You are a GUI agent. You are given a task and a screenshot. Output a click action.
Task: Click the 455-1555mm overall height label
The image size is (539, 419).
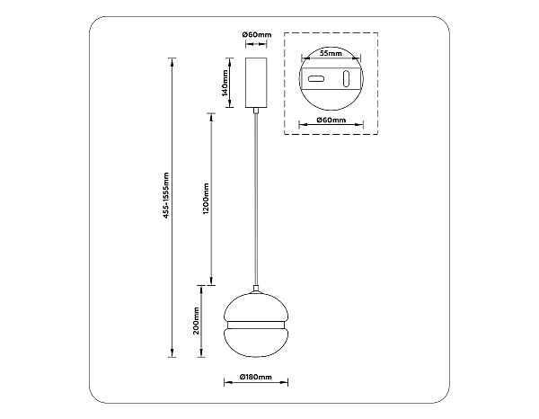[x=166, y=195]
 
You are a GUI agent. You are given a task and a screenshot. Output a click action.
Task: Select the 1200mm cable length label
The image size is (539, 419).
[x=206, y=199]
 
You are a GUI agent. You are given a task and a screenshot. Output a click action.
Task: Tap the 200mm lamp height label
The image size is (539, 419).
[x=196, y=321]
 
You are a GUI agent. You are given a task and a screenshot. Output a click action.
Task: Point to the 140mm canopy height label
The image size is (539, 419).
[x=225, y=83]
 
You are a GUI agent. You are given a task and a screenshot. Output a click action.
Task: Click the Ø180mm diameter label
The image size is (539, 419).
[x=256, y=377]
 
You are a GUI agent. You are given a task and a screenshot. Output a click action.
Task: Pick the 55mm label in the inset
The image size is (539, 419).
[x=331, y=53]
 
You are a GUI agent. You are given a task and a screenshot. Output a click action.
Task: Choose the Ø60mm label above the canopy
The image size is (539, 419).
[x=256, y=34]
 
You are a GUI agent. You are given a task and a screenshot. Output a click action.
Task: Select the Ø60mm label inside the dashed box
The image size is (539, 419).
[x=331, y=120]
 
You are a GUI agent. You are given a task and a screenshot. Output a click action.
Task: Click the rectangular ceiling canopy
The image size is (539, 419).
[x=256, y=83]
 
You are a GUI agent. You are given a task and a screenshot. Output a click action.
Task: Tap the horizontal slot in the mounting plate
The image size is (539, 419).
[x=316, y=79]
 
